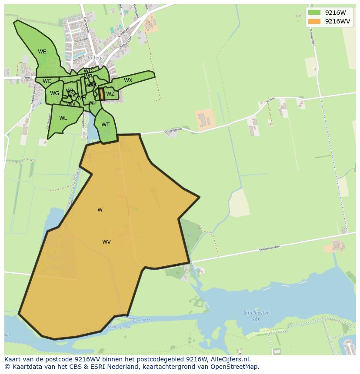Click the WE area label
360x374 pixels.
[x=42, y=52]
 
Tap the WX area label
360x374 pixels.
[x=128, y=80]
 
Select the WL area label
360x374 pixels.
[x=63, y=118]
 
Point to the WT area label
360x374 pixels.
[x=106, y=125]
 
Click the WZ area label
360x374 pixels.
[x=110, y=94]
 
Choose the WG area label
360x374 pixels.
[x=54, y=93]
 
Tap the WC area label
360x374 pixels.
[x=47, y=81]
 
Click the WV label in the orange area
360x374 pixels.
[x=107, y=242]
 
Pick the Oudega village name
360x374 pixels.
[x=94, y=58]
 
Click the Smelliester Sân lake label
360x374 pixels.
[x=256, y=315]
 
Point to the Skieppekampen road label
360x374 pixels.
[x=269, y=248]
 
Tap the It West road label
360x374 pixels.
[x=27, y=78]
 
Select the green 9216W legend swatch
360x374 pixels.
[x=314, y=13]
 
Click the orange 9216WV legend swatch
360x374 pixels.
[x=314, y=21]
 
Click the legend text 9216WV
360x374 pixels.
[x=337, y=21]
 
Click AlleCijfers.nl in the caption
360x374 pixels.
[x=230, y=359]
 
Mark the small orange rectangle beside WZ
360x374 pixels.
[x=102, y=94]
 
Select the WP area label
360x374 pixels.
[x=92, y=103]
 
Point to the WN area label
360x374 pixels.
[x=70, y=104]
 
